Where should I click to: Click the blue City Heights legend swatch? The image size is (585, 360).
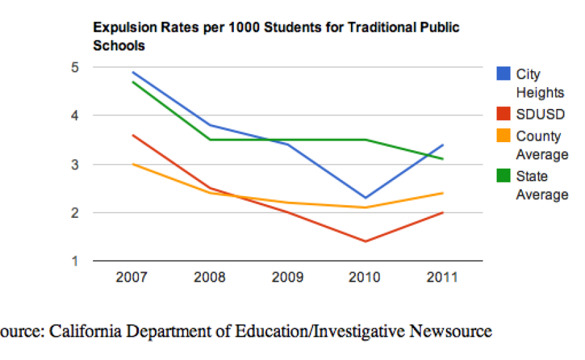click(x=504, y=74)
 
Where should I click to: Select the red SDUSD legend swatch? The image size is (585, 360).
click(x=504, y=114)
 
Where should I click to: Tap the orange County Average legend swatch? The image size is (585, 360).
click(x=504, y=135)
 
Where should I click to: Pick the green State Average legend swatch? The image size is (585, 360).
click(x=504, y=175)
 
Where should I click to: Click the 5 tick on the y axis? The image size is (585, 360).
click(x=76, y=67)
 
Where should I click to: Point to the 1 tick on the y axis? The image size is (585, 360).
click(x=76, y=261)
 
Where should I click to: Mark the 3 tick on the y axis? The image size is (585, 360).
click(x=76, y=164)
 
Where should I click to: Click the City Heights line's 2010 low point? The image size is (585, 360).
click(x=366, y=198)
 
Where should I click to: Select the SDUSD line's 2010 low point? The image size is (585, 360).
click(x=366, y=241)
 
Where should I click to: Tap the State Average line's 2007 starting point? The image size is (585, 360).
click(x=132, y=82)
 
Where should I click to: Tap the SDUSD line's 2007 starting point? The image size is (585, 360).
click(x=132, y=135)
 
